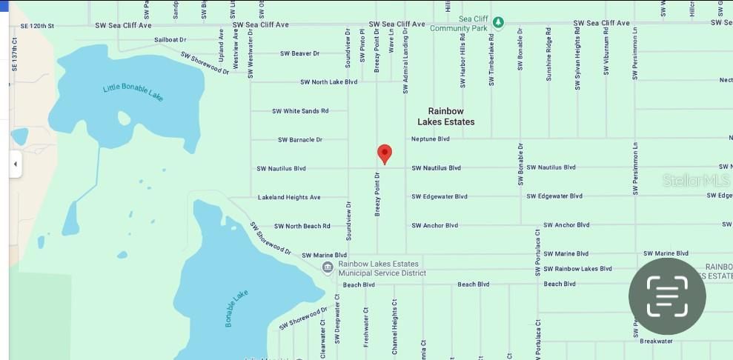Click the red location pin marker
[x=384, y=153]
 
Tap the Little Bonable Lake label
[x=133, y=93]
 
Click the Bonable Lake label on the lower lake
[x=236, y=309]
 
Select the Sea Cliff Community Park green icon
[x=499, y=22]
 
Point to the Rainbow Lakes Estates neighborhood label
[x=446, y=116]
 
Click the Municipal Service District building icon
[x=328, y=267]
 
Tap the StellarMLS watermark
[x=695, y=180]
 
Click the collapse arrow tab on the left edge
[x=15, y=164]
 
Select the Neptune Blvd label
[x=430, y=139]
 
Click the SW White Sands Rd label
[x=299, y=111]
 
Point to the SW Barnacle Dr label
[x=300, y=139]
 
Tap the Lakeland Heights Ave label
[x=289, y=197]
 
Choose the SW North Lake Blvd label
[x=328, y=82]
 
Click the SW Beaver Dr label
[x=299, y=53]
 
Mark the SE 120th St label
[x=37, y=25]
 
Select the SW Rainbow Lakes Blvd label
[x=577, y=269]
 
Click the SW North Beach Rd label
[x=302, y=226]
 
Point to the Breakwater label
[x=656, y=341]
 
